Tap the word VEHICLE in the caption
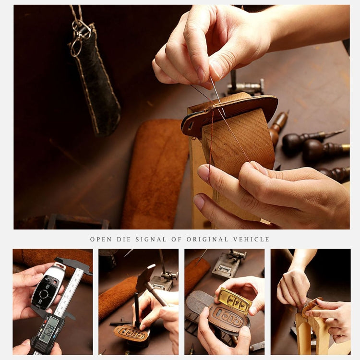click(253, 239)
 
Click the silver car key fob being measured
click(47, 288)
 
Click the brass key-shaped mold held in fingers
click(235, 301)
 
